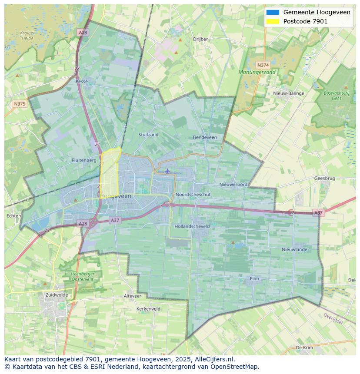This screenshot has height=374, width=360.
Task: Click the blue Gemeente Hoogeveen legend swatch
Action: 273,13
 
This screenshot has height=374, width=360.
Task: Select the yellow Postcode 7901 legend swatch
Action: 273,21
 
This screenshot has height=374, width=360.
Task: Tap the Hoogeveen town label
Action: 116,196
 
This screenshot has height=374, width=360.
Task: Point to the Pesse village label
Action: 81,81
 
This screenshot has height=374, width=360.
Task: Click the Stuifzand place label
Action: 148,135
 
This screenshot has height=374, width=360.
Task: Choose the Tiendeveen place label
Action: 204,137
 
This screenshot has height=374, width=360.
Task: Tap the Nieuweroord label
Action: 233,185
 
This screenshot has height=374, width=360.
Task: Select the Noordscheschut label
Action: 193,195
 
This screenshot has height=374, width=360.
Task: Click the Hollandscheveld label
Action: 192,226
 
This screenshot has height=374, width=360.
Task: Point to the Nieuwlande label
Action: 294,249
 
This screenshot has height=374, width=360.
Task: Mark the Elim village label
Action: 254,278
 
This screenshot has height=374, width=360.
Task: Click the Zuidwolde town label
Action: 57,295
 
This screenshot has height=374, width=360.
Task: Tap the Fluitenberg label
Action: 84,160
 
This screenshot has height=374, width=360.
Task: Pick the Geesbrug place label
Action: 325,178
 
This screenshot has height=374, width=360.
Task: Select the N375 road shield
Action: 19,104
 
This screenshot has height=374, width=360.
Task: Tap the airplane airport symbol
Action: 167,171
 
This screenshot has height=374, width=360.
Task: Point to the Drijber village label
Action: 200,39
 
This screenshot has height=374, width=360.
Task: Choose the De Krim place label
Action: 304,348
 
